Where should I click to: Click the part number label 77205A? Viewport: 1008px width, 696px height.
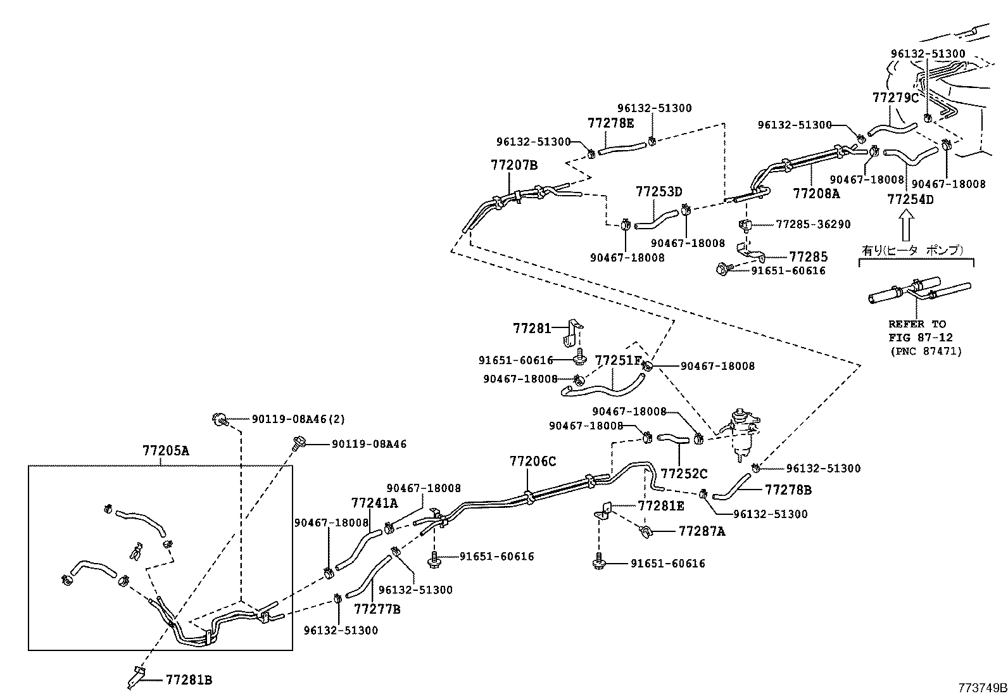[165, 452]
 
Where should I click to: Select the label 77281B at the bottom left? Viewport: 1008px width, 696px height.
[189, 680]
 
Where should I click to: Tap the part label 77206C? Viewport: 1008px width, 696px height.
[532, 462]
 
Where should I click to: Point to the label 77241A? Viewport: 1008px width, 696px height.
[374, 503]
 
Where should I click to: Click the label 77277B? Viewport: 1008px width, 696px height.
[377, 609]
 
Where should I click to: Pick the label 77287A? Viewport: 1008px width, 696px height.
[702, 531]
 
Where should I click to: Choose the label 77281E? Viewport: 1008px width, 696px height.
[661, 505]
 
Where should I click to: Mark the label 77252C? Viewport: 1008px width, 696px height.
[684, 474]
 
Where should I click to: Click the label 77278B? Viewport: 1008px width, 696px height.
[788, 490]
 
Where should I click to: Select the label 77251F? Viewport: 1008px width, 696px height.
[618, 360]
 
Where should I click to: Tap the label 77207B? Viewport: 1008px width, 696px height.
[513, 165]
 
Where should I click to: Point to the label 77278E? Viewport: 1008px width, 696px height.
[610, 123]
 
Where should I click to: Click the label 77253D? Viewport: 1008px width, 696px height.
[659, 191]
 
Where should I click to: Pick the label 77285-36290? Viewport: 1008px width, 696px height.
[813, 224]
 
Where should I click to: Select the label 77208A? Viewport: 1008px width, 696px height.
[816, 193]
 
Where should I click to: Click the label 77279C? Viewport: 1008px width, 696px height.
[895, 98]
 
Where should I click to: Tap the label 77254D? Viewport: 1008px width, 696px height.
[910, 199]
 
